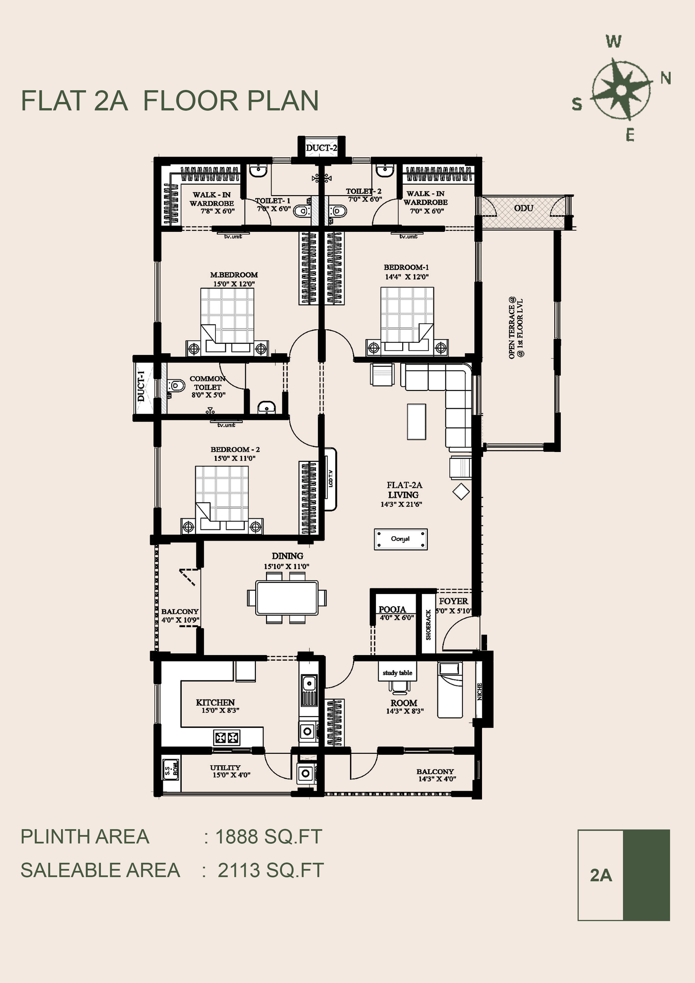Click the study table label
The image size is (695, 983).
[x=397, y=673]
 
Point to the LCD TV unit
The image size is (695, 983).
[x=330, y=479]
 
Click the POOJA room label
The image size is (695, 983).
[x=392, y=609]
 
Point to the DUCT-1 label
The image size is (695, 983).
[x=141, y=386]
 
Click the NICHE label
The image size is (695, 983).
[x=479, y=692]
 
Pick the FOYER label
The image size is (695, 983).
[x=453, y=601]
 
